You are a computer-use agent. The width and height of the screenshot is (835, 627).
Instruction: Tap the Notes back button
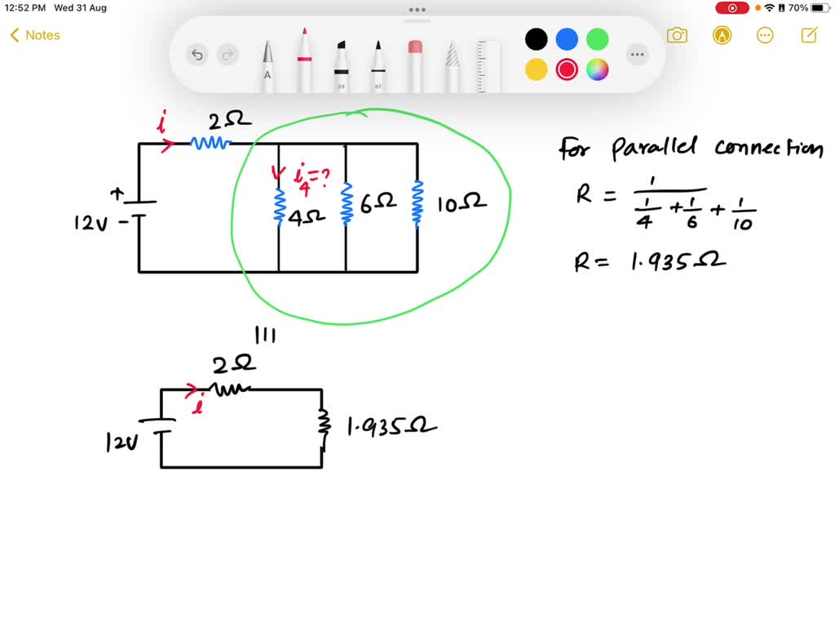[x=34, y=35]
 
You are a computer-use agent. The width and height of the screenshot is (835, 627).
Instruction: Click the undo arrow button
[x=197, y=56]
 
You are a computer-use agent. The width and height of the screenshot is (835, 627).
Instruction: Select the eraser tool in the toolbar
[x=414, y=64]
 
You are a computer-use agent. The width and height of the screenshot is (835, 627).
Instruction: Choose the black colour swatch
[x=536, y=38]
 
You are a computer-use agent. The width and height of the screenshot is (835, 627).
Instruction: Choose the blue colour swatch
[x=567, y=38]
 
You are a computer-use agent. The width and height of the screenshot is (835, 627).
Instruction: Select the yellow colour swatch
[x=536, y=69]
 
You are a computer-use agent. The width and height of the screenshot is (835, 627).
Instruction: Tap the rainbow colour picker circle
[x=598, y=69]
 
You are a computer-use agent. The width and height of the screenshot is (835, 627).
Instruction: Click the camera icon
[x=676, y=35]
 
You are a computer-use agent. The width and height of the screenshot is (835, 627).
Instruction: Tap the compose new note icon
[x=809, y=35]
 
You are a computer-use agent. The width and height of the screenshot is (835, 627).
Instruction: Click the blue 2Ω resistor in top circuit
[x=211, y=143]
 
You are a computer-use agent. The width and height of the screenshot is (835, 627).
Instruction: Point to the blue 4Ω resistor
[x=279, y=205]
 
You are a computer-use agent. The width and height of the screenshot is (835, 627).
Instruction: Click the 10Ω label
[x=462, y=203]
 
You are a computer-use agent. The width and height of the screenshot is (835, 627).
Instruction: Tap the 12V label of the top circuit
[x=91, y=222]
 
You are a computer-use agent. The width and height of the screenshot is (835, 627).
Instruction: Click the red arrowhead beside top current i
[x=168, y=145]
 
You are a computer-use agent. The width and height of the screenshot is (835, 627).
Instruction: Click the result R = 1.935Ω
[x=650, y=261]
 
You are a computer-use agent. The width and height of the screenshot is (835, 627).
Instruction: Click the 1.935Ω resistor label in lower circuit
[x=391, y=427]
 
